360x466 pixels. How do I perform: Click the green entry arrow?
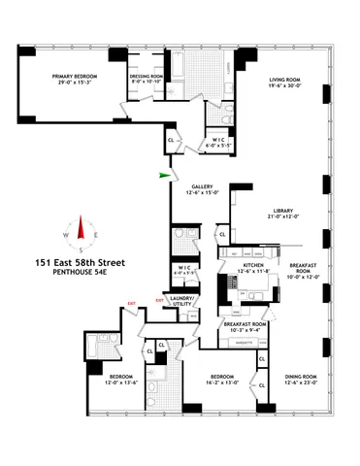(166, 176)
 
